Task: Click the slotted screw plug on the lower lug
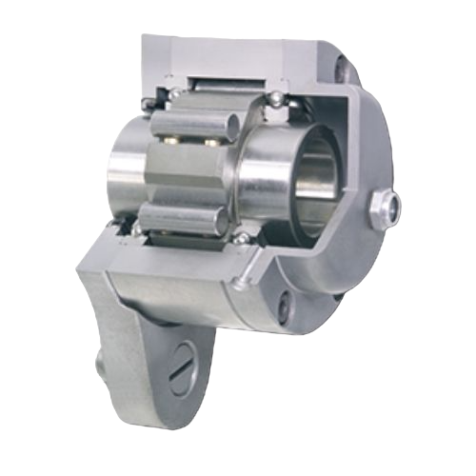183,367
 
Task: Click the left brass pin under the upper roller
174,140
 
